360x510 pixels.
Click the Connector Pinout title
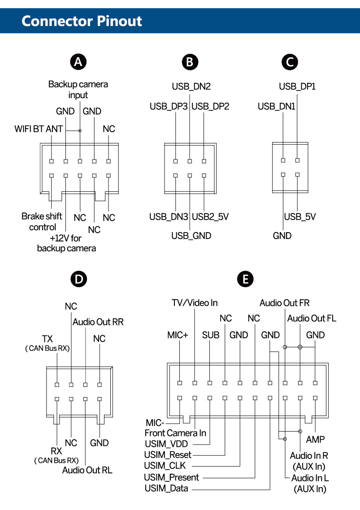82,21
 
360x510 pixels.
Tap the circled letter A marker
79,62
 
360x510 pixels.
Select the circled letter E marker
245,279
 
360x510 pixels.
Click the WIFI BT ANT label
39,130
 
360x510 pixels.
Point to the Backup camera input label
78,89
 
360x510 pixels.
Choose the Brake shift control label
42,221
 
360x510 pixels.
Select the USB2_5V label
210,217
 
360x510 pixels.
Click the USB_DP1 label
297,86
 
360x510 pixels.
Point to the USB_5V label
300,217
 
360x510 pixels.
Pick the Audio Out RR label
98,322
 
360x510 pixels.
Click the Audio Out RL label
87,470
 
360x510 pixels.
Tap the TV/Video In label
195,303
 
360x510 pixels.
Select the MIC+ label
177,335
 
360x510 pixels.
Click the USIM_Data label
166,488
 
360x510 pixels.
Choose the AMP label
315,439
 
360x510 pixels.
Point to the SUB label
210,335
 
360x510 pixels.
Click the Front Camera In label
175,433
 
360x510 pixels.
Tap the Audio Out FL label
312,318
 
